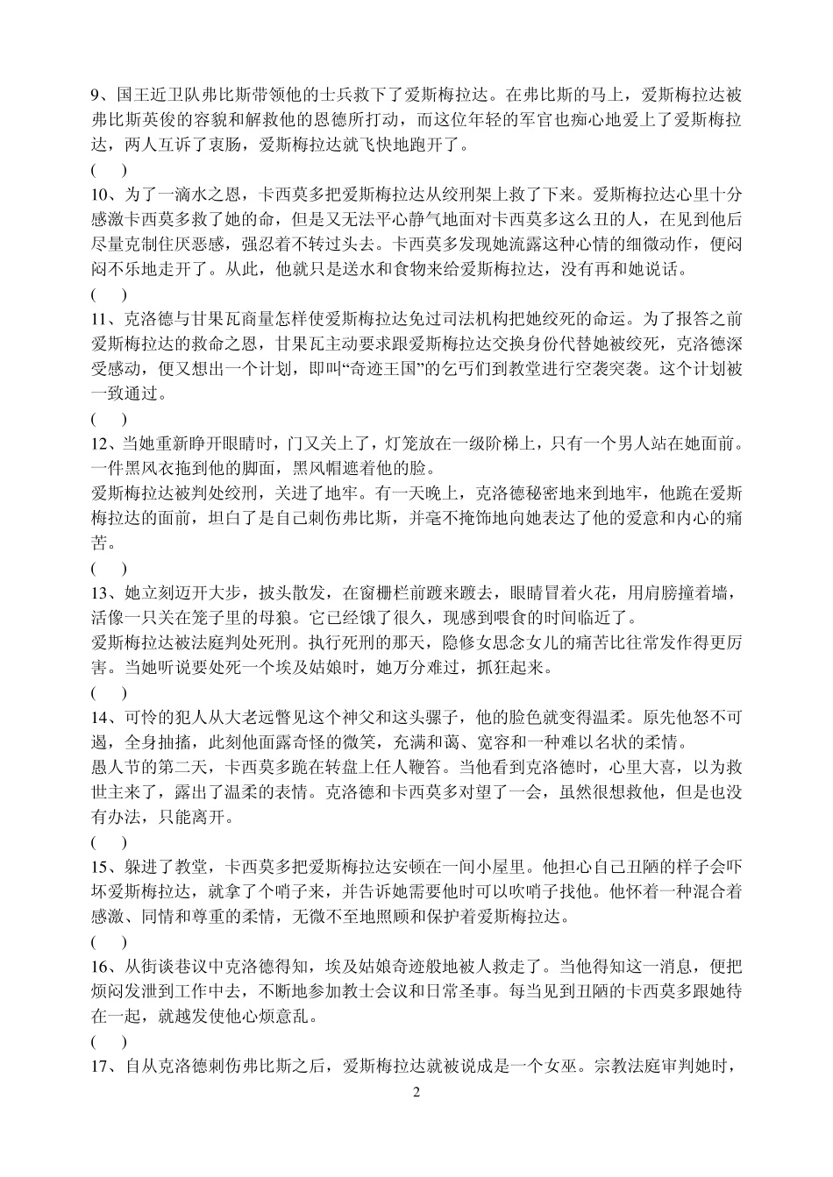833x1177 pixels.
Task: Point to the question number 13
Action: pyautogui.click(x=100, y=593)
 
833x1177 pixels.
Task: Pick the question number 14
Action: pyautogui.click(x=100, y=718)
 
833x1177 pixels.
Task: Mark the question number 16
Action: pyautogui.click(x=100, y=968)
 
